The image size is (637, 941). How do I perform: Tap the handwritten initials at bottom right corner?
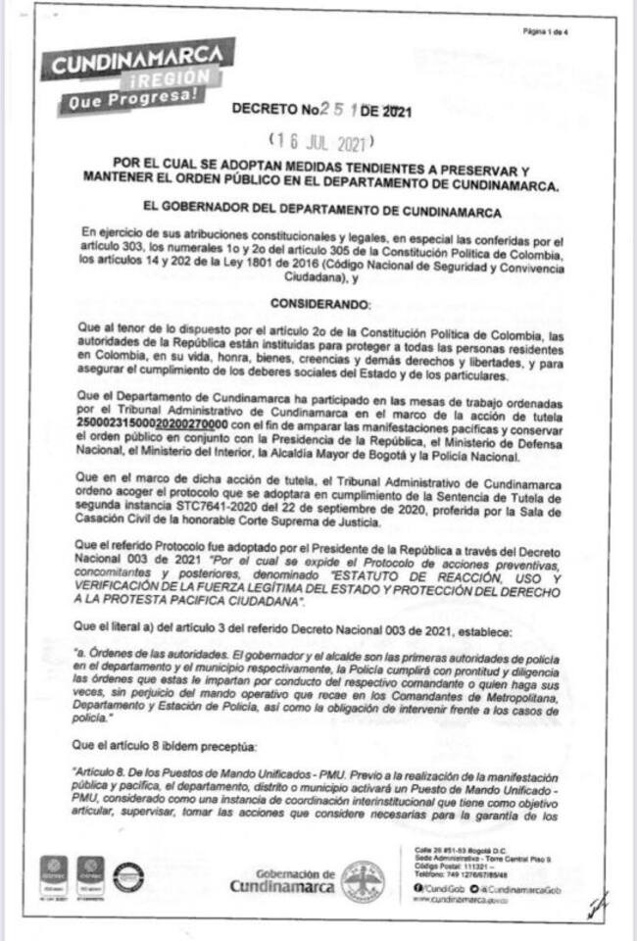click(596, 905)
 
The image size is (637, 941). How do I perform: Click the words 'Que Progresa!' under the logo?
click(133, 99)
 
